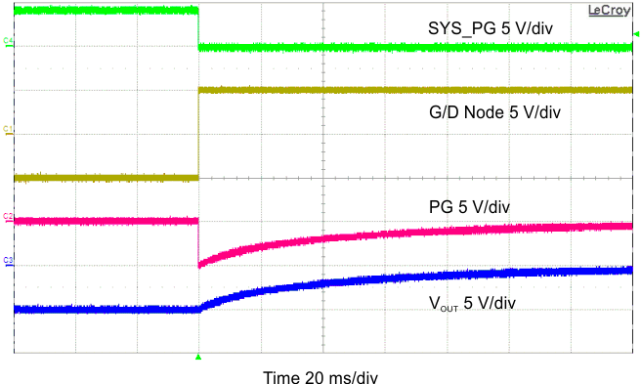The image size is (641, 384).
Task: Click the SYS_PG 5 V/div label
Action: (490, 28)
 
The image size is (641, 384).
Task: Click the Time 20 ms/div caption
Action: (320, 376)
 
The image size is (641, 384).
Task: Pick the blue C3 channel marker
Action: (9, 260)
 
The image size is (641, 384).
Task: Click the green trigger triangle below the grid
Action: (198, 359)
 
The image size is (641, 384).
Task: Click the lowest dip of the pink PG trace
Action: (199, 264)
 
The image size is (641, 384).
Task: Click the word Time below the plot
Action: (282, 376)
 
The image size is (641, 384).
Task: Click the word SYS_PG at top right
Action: (456, 28)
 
